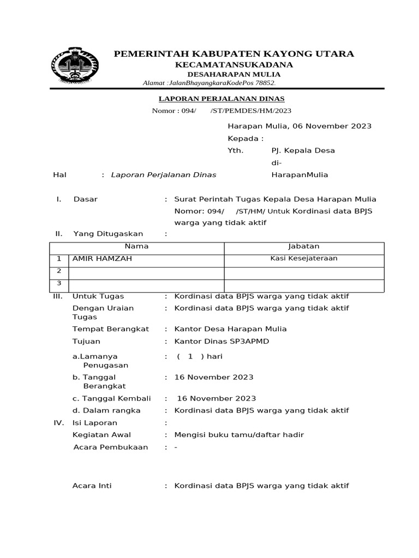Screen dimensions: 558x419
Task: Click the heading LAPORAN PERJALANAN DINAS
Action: click(x=221, y=99)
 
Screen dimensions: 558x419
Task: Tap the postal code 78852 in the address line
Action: click(x=264, y=83)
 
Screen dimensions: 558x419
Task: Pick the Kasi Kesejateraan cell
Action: click(x=304, y=258)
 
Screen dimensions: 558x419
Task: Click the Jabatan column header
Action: click(x=304, y=247)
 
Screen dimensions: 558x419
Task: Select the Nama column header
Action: click(x=136, y=247)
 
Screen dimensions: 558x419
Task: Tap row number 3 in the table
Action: click(x=59, y=283)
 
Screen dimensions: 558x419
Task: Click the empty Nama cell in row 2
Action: click(x=146, y=271)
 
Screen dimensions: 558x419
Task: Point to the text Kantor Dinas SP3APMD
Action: click(x=222, y=341)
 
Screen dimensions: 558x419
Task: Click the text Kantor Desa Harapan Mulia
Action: click(x=230, y=329)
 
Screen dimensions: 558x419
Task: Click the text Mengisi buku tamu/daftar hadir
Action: click(x=239, y=435)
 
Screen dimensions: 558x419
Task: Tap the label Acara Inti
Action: click(x=92, y=486)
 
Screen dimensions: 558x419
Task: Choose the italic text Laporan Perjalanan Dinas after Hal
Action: click(x=164, y=175)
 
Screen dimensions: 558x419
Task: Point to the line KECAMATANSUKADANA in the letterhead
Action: click(x=234, y=65)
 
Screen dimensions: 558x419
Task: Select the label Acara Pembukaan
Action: click(x=111, y=447)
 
